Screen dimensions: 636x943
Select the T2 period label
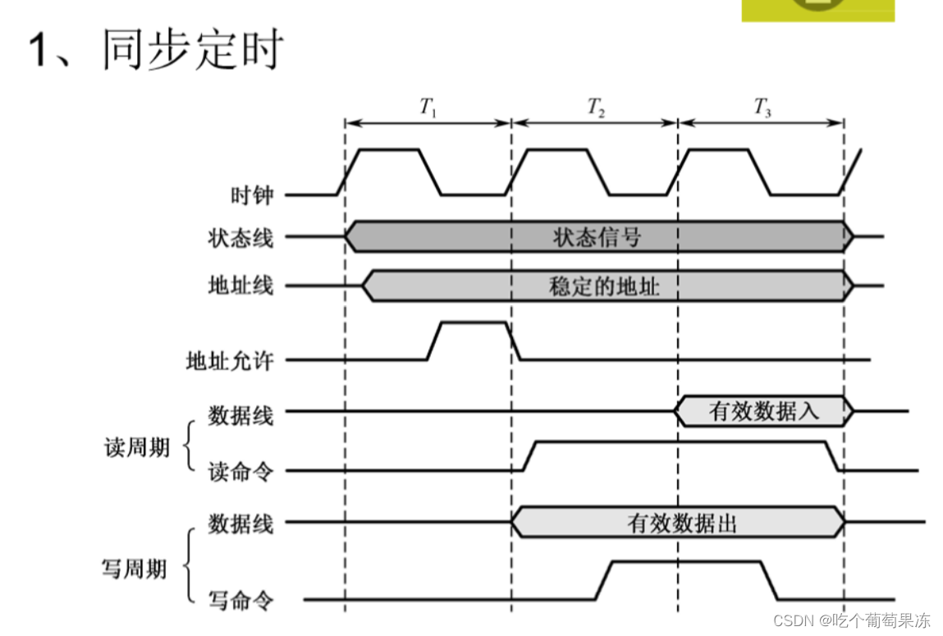click(x=596, y=107)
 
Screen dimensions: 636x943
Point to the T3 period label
click(x=762, y=107)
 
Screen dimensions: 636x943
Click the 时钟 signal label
click(x=251, y=195)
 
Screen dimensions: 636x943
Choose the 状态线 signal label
click(x=240, y=238)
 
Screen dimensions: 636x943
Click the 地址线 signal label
click(x=240, y=286)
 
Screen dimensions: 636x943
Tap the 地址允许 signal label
click(x=230, y=360)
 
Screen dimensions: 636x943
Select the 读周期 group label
click(x=137, y=448)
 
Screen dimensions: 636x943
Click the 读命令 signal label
click(x=240, y=472)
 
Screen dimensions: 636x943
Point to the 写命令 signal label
click(x=240, y=601)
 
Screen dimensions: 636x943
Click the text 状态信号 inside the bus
click(x=597, y=237)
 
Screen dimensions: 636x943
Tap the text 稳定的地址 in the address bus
click(x=603, y=286)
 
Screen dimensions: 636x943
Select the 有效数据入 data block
click(x=763, y=410)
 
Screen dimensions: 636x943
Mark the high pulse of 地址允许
click(x=474, y=323)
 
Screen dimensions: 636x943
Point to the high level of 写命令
click(x=686, y=562)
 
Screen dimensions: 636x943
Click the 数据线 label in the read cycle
click(x=240, y=415)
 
